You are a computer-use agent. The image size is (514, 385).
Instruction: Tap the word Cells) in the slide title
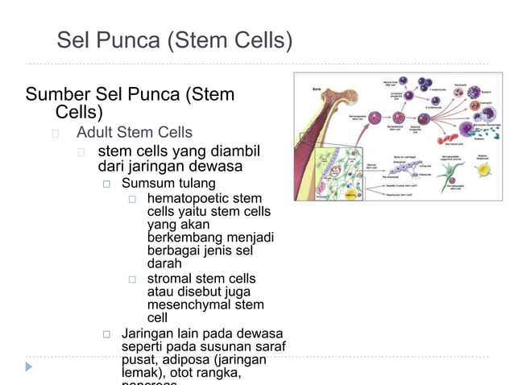(x=261, y=40)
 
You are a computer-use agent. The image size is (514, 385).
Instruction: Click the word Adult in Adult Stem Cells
(x=95, y=132)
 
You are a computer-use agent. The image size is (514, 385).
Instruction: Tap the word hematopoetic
(x=189, y=198)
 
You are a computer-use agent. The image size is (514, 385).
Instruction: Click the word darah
(x=164, y=263)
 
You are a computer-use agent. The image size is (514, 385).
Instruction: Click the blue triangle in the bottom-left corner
(x=29, y=366)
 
